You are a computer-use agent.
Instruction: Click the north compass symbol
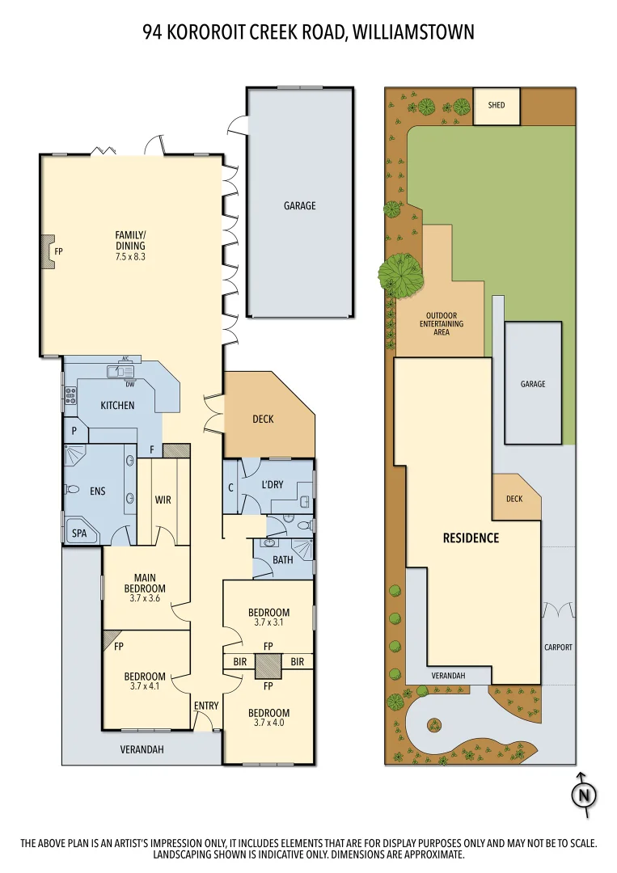(583, 795)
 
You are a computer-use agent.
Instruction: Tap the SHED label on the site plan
(496, 105)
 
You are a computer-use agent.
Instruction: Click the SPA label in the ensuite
(79, 534)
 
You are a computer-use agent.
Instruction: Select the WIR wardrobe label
(163, 500)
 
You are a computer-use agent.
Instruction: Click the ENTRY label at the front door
(206, 706)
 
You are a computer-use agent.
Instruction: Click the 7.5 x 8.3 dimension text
(129, 256)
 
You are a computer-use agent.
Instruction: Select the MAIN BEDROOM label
(146, 583)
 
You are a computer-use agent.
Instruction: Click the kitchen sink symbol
(124, 371)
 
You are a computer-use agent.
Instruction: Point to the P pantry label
(74, 431)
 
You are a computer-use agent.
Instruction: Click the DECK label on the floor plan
(263, 419)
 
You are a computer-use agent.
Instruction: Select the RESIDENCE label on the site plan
(471, 538)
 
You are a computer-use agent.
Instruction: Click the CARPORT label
(558, 647)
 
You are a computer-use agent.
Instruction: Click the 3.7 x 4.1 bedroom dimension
(145, 686)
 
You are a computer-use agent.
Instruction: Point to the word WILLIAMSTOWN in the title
(412, 32)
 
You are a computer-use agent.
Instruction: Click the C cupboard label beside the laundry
(230, 487)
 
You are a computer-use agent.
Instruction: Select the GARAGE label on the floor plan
(299, 205)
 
